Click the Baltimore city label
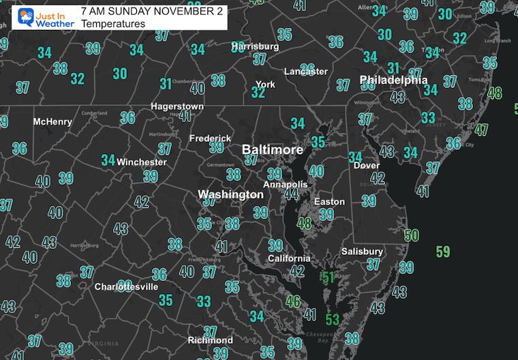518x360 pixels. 273,149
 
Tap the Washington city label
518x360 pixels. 230,195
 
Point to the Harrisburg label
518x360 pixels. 255,47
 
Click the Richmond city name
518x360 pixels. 210,340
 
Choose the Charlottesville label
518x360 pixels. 126,287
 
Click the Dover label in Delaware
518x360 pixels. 367,166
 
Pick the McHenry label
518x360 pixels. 52,122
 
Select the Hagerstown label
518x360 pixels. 177,107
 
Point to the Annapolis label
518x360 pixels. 286,185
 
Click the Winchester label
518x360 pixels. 142,162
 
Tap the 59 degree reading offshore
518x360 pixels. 443,252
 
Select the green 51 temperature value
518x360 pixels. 329,277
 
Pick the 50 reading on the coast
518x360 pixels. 411,235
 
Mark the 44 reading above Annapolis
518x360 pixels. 292,194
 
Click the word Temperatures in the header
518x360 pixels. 112,24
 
